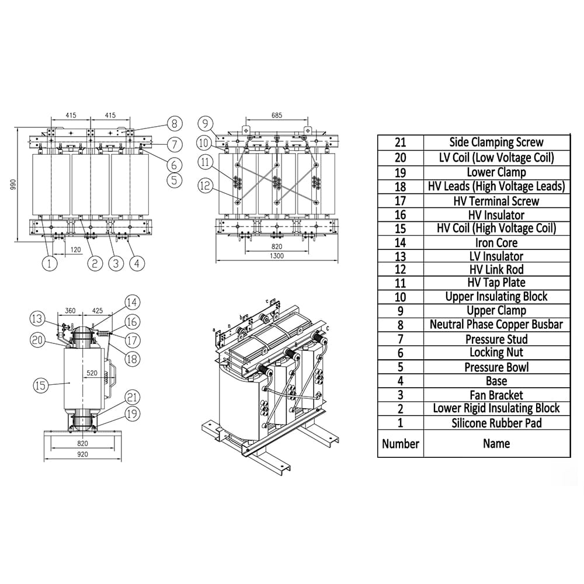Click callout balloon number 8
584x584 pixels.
(174, 123)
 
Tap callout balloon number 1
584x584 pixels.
(50, 263)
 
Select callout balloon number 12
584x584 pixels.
(204, 186)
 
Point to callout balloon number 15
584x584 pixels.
(40, 385)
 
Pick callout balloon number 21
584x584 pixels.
(133, 398)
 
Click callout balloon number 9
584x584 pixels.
(204, 123)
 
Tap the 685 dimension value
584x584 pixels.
(277, 116)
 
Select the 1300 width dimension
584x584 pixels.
(277, 256)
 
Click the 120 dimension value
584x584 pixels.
(75, 250)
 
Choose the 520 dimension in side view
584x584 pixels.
(92, 373)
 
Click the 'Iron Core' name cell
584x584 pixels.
(496, 242)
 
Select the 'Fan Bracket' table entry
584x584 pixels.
(496, 395)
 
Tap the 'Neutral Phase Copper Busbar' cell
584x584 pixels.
(496, 324)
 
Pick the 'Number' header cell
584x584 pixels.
(400, 443)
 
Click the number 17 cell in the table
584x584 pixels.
(400, 201)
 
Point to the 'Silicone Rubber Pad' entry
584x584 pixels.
(496, 423)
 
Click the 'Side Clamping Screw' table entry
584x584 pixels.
(496, 142)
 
